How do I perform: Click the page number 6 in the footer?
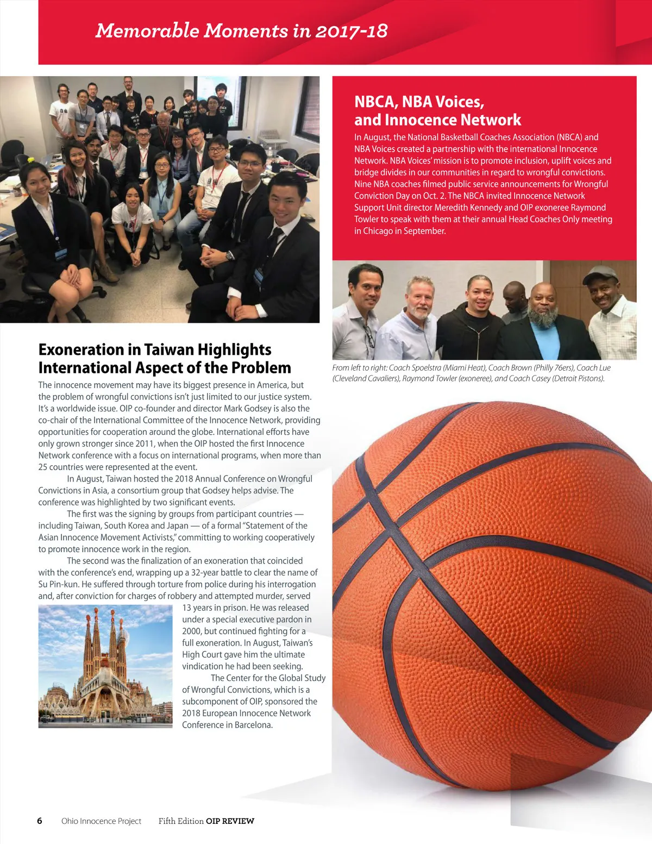40,821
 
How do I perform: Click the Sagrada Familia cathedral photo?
105,666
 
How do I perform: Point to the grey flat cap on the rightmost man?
599,273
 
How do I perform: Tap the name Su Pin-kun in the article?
59,584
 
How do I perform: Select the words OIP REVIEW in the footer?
230,821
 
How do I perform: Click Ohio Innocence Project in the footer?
101,821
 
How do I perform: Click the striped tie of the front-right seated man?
272,242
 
